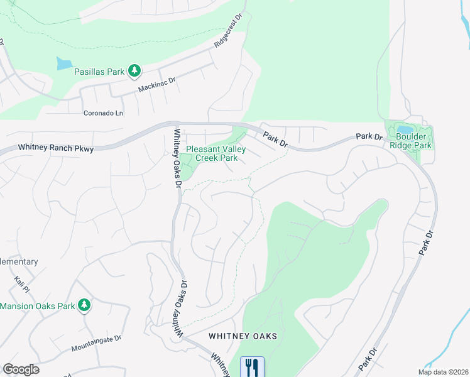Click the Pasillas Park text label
pos(99,72)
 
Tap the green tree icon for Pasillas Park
pos(134,71)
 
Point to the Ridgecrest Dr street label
pos(228,37)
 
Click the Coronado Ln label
pos(104,113)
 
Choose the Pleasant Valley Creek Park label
pos(216,154)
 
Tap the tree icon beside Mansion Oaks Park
pos(84,306)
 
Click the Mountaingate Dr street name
pos(96,343)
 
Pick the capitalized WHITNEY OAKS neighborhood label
pos(243,336)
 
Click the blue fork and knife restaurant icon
pos(252,367)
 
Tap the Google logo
pos(21,369)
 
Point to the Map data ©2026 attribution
pos(443,372)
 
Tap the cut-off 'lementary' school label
pos(19,261)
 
